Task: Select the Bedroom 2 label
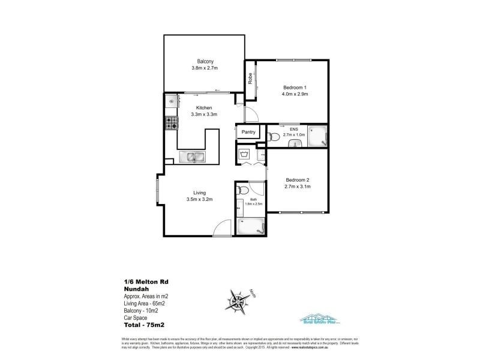[297, 179]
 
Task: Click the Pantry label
[248, 132]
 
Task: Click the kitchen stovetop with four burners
[171, 124]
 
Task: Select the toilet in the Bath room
[241, 191]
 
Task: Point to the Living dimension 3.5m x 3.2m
[200, 199]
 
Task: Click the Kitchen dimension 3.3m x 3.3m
[203, 114]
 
